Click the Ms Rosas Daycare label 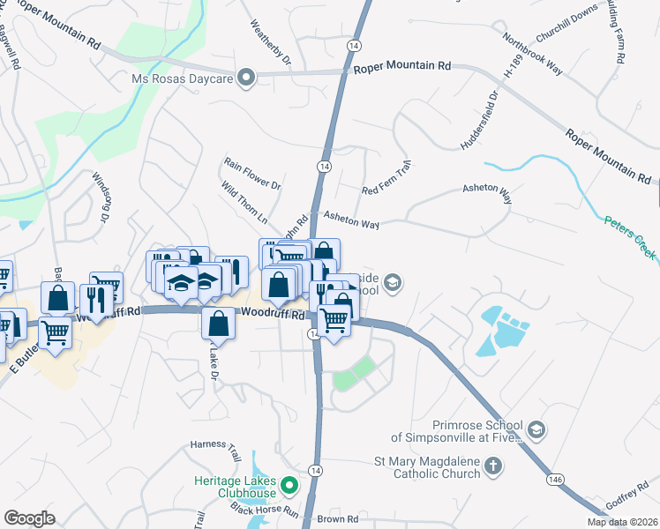(183, 79)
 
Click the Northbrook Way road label (531, 55)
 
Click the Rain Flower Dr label (251, 174)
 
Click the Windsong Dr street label (104, 197)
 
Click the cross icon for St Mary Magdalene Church (493, 466)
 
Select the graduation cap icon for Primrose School (535, 430)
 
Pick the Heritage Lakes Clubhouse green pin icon (289, 485)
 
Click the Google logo (30, 518)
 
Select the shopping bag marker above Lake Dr (218, 324)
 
